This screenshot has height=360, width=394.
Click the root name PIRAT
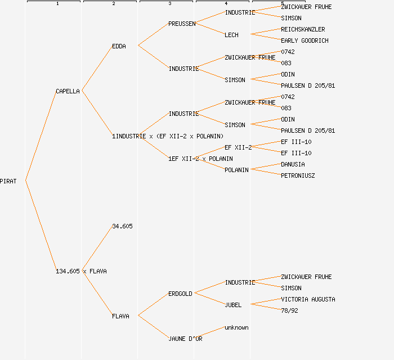[x=8, y=181]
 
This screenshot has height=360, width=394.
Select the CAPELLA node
[x=68, y=91]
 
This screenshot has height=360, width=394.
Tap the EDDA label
[x=119, y=46]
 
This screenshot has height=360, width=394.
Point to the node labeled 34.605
[x=122, y=226]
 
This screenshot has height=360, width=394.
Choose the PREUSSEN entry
[x=182, y=24]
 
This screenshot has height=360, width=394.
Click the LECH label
[x=231, y=35]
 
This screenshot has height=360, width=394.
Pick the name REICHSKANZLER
[x=303, y=29]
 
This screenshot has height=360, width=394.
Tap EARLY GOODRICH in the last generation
[x=305, y=40]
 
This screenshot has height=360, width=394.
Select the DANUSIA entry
[x=293, y=164]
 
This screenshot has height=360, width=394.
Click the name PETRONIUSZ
[x=298, y=175]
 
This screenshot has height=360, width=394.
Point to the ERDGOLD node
[x=180, y=294]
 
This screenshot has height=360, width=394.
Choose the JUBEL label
[x=233, y=305]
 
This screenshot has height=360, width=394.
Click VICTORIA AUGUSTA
[x=308, y=299]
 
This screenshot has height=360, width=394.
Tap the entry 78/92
[x=289, y=310]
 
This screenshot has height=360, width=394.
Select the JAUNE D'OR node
[x=185, y=339]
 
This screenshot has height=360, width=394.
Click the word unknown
[x=236, y=327]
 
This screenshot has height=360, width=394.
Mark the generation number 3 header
[x=169, y=4]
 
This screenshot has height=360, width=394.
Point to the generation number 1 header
[x=57, y=4]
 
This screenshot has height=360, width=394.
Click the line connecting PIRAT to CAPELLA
[x=41, y=136]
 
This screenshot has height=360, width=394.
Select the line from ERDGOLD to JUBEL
[x=209, y=299]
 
